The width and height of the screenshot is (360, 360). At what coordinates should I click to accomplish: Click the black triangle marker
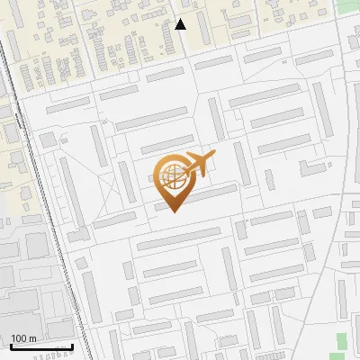tap(181, 24)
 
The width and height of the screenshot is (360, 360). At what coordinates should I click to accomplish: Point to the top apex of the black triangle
tap(181, 19)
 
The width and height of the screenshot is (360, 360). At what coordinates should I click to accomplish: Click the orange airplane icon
tap(199, 165)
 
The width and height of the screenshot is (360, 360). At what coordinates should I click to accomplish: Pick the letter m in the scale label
tap(32, 338)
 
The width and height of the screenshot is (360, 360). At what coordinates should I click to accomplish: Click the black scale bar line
tap(40, 346)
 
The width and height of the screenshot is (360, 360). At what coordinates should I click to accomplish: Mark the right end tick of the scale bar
tap(72, 345)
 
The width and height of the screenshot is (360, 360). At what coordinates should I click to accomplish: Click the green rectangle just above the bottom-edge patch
tap(341, 339)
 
